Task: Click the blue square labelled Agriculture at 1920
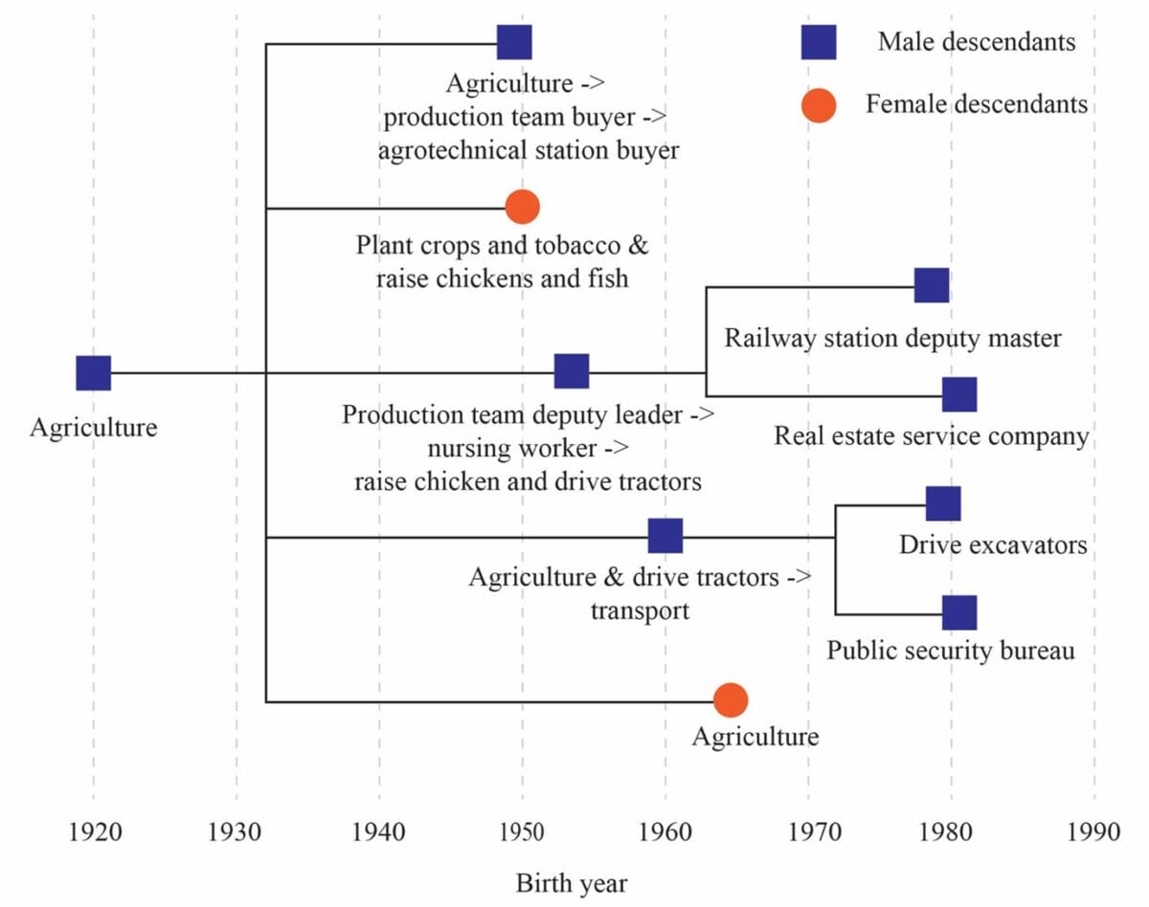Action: point(94,373)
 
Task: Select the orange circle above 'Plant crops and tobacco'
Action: point(523,207)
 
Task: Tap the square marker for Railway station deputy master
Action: point(932,285)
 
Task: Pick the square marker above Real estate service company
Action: point(959,394)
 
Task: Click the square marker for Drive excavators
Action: point(943,504)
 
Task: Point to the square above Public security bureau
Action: point(959,613)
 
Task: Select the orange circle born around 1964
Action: point(731,700)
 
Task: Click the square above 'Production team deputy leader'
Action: point(572,371)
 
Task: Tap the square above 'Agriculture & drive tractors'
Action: point(665,536)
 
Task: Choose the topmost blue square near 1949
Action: point(514,42)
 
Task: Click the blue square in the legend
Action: point(819,42)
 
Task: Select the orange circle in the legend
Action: point(819,105)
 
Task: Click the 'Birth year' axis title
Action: point(572,883)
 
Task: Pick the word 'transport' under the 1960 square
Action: point(640,610)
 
